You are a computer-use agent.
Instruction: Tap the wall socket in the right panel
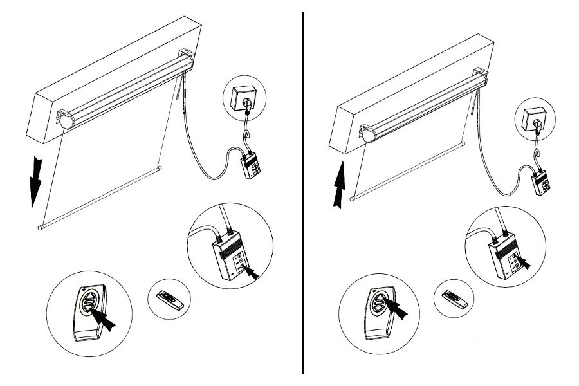533,120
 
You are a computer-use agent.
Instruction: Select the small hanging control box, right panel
542,183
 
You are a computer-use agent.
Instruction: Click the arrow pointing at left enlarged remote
107,320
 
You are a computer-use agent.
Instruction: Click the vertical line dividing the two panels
303,193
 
